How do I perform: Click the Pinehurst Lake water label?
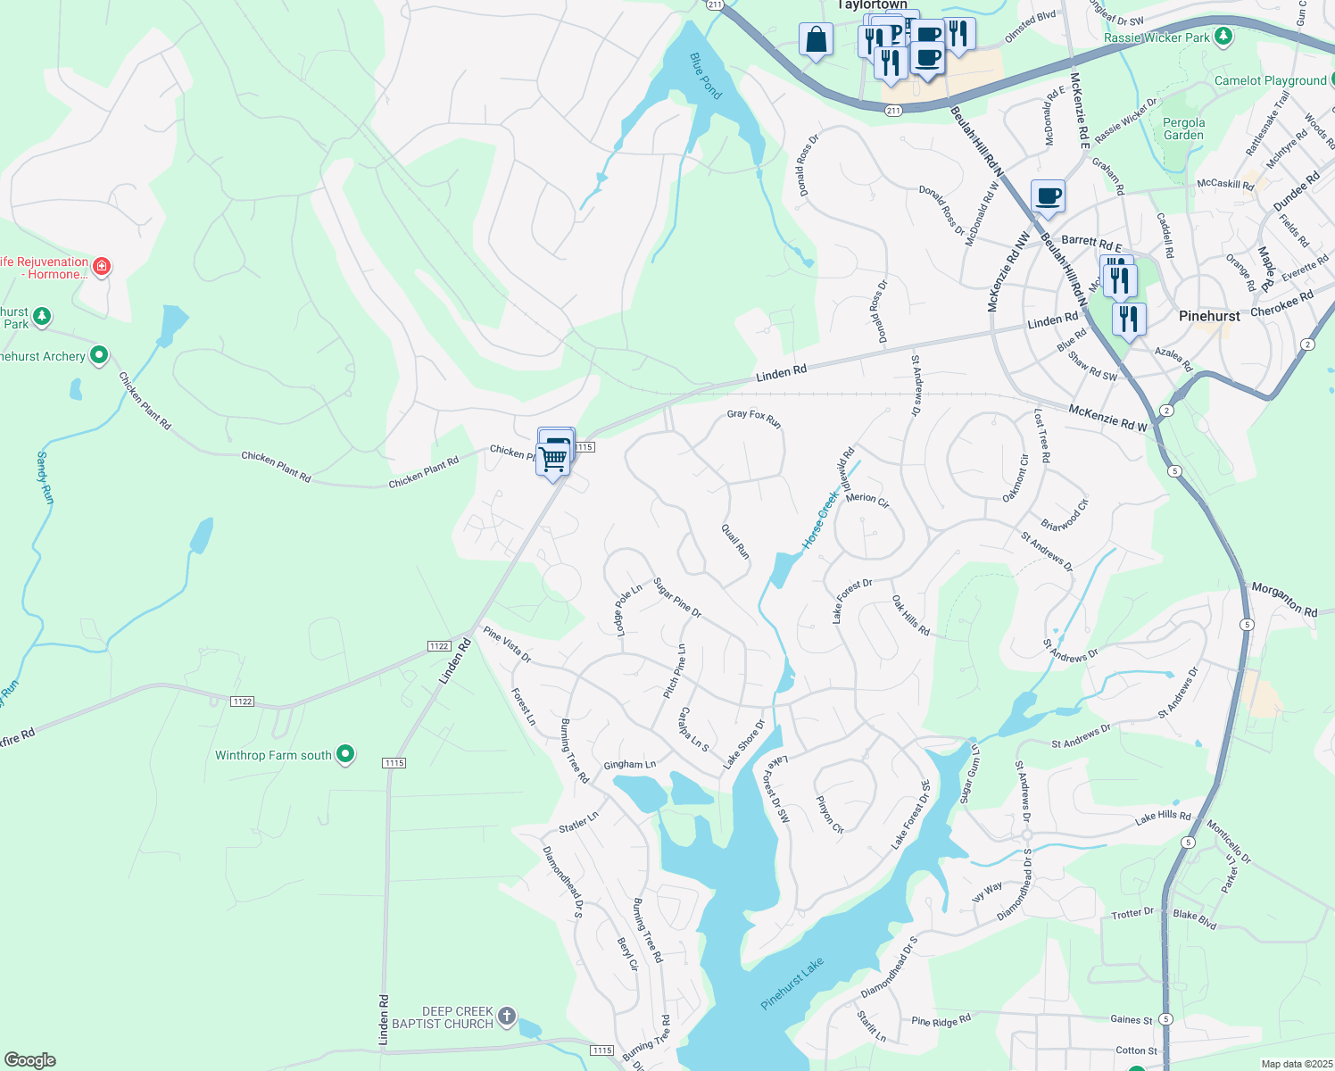tap(792, 984)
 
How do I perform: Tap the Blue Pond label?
tap(705, 76)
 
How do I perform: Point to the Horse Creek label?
tap(820, 519)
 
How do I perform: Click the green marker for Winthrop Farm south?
tap(345, 754)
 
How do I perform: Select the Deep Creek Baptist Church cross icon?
tap(507, 1016)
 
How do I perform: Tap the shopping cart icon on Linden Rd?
tap(553, 460)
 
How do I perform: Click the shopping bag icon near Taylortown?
tap(816, 40)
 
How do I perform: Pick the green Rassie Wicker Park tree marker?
tap(1224, 37)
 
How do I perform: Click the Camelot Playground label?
tap(1270, 80)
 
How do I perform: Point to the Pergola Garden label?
tap(1183, 129)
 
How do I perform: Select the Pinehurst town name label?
tap(1209, 316)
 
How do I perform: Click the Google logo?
tap(30, 1060)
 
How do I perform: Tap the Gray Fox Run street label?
tap(754, 418)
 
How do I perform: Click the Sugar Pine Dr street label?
tap(677, 598)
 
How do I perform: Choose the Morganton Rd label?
tap(1284, 599)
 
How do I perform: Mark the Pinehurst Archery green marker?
tap(99, 355)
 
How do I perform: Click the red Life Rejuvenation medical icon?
tap(103, 266)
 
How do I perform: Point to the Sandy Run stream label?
tap(45, 477)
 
